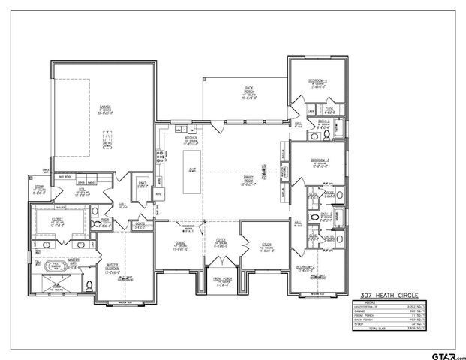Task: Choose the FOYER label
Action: click(x=221, y=244)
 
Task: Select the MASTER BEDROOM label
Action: click(x=113, y=268)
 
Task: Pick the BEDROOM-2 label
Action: click(x=304, y=268)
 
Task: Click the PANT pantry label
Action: click(x=142, y=184)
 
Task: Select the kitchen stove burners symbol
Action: click(x=158, y=157)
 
